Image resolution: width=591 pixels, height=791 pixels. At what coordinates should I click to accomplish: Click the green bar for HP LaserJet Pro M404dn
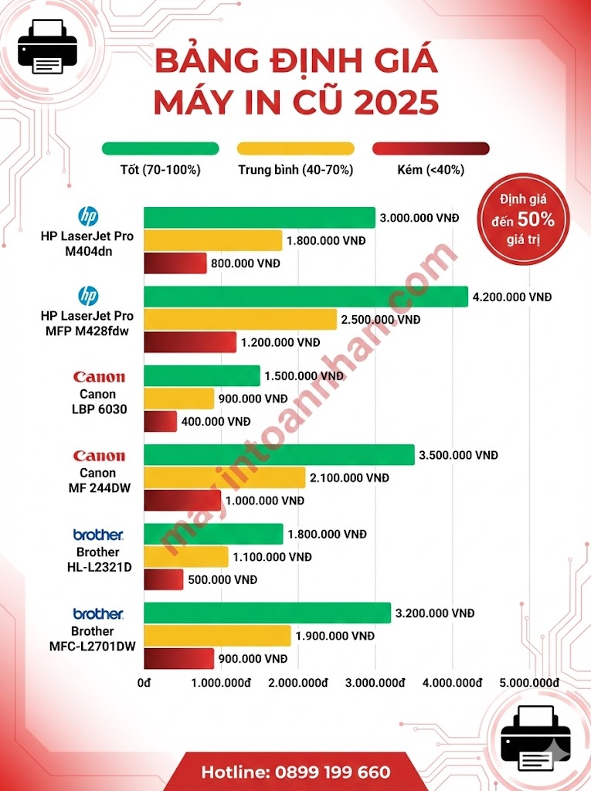pos(260,218)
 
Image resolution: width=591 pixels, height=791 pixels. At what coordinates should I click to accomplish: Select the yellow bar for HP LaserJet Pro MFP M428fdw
pos(240,319)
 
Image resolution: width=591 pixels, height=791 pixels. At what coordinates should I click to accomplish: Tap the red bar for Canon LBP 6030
pos(161,422)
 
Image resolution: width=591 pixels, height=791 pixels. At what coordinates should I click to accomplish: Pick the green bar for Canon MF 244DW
pos(279,455)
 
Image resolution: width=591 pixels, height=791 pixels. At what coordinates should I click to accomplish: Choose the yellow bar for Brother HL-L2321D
pos(186,557)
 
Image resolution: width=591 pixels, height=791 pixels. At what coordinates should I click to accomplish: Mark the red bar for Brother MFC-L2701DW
pos(178,659)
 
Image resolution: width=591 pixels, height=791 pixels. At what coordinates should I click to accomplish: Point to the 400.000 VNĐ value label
pos(216,422)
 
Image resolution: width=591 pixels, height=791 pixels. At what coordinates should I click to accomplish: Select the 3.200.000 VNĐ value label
pos(436,613)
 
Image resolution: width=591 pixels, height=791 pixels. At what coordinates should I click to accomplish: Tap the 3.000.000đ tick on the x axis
pos(375,683)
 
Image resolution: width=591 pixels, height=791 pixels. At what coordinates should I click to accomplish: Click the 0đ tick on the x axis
pos(144,683)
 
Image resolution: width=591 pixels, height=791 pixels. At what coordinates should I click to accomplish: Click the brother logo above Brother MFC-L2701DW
pos(98,613)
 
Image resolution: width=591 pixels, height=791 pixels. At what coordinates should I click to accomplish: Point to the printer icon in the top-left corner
pos(47,46)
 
